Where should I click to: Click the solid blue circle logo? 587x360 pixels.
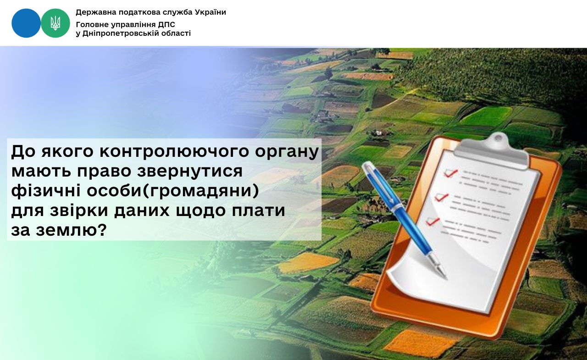click(x=26, y=23)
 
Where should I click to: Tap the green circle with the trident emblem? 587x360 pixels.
click(x=55, y=23)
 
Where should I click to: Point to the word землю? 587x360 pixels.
click(x=71, y=230)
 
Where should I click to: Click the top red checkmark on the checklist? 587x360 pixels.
click(x=451, y=173)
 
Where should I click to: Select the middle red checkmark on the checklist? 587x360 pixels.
click(x=442, y=197)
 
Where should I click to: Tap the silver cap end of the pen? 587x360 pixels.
click(x=367, y=166)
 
